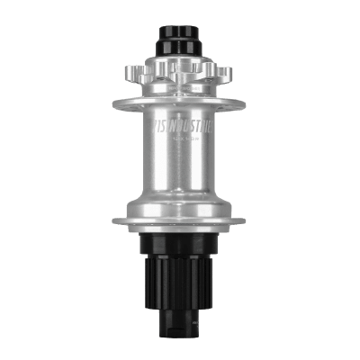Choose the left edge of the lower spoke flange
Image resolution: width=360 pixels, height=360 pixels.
115,220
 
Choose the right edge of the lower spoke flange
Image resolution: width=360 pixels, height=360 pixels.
245,220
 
